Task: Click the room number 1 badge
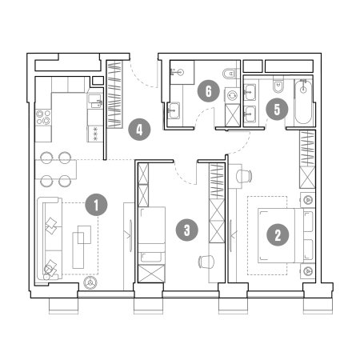tap(96, 205)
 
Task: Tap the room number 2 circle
tap(278, 234)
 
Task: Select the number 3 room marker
tap(187, 230)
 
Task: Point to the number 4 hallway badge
tap(139, 130)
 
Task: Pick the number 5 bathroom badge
tap(277, 109)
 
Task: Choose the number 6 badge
tap(208, 91)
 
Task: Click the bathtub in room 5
tap(303, 102)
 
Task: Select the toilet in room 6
tap(229, 74)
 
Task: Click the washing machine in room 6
tap(232, 95)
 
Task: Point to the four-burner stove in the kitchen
tap(43, 118)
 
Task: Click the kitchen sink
tap(95, 101)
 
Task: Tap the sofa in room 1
tap(50, 238)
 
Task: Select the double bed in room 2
tap(281, 235)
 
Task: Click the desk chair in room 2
tap(244, 176)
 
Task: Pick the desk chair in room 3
tap(206, 262)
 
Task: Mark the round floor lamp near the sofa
tap(90, 283)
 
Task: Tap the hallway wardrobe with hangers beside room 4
tap(114, 94)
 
